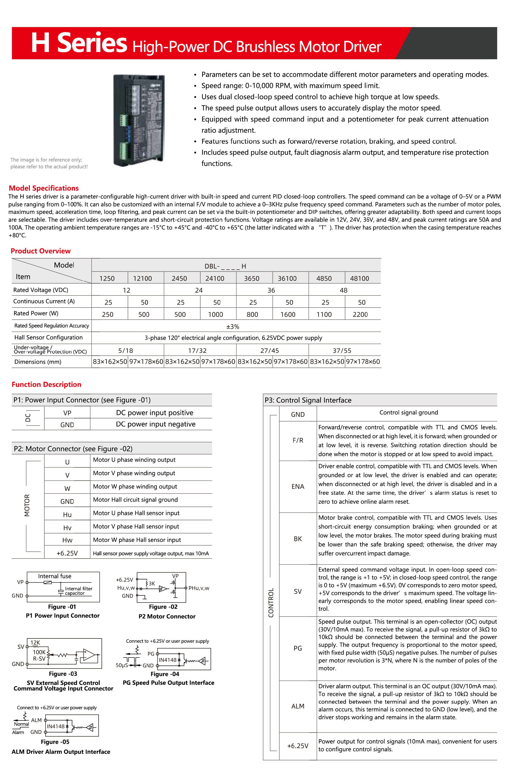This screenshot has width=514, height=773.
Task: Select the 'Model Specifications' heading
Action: tap(44, 188)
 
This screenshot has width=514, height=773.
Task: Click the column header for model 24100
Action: tap(215, 278)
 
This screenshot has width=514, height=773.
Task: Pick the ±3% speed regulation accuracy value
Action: tap(233, 326)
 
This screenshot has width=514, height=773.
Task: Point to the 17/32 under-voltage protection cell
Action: tap(197, 350)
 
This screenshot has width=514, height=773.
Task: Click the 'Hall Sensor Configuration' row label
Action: tap(48, 337)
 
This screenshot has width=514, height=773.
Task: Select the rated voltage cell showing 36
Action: tap(271, 290)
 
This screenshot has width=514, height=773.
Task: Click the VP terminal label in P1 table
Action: tap(67, 413)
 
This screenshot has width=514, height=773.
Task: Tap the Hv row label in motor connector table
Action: tap(67, 527)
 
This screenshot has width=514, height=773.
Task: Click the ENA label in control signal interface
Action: tap(298, 486)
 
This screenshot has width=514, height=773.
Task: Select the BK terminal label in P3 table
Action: tap(298, 538)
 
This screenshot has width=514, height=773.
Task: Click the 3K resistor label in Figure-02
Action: tap(152, 583)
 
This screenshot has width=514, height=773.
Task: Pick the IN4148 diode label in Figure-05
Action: tap(55, 726)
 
